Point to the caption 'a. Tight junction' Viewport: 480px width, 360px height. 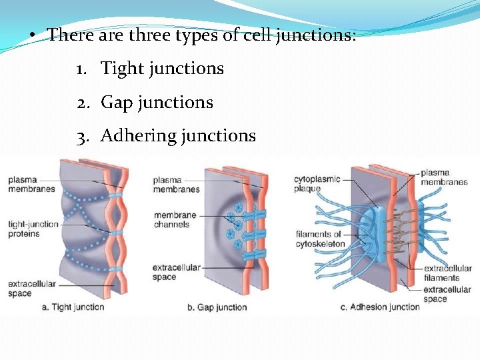click(x=73, y=307)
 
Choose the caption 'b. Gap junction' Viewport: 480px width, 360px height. click(x=217, y=307)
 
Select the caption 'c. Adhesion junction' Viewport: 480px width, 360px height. click(x=380, y=307)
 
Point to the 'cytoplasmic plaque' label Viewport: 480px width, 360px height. click(x=317, y=183)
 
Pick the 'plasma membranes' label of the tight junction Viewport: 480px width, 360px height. click(x=31, y=185)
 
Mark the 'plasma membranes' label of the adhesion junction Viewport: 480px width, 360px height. click(x=444, y=177)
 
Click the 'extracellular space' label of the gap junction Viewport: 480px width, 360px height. click(x=176, y=272)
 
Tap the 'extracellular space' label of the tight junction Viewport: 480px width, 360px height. click(x=31, y=289)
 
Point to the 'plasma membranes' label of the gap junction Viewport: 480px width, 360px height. click(x=176, y=185)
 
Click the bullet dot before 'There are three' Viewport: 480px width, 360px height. click(x=31, y=35)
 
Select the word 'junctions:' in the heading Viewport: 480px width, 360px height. click(x=316, y=35)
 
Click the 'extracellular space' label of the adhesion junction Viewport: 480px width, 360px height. click(x=447, y=294)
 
